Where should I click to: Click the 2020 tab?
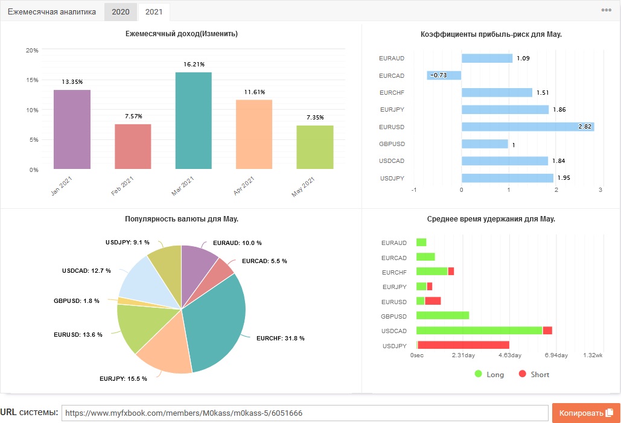121,12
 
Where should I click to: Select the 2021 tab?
154,12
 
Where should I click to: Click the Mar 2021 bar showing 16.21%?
194,121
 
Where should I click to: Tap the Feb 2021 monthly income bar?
133,147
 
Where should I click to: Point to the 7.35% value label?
315,117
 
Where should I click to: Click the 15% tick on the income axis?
32,80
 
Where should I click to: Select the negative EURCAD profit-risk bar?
444,75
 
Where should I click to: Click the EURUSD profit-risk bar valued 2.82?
527,127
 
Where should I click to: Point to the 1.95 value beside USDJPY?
564,178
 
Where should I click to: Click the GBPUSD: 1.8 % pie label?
77,301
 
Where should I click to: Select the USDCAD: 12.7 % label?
86,271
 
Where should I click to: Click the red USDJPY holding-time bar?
463,345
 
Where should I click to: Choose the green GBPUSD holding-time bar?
443,315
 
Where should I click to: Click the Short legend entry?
534,374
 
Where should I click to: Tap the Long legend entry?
489,374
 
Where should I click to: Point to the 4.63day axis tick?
510,355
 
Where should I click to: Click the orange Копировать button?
586,413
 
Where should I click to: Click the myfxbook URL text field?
305,413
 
